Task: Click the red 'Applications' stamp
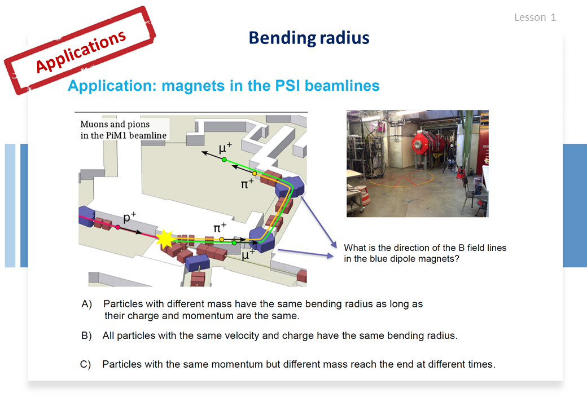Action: [80, 51]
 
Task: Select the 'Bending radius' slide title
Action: [309, 38]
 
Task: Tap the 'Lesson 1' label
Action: [535, 17]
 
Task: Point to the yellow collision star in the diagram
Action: [165, 240]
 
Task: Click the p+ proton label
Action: [129, 217]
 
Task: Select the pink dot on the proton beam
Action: [118, 227]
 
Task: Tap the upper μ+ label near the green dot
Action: [225, 148]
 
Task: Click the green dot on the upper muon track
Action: [224, 160]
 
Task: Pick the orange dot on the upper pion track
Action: [254, 174]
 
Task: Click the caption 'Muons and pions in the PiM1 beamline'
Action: [123, 130]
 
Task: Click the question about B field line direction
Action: [425, 253]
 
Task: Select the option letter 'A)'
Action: [87, 304]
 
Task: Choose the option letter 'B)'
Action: [86, 336]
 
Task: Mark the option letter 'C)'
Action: [86, 364]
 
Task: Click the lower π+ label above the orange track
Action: [220, 227]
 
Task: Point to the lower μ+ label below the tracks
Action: [248, 255]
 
